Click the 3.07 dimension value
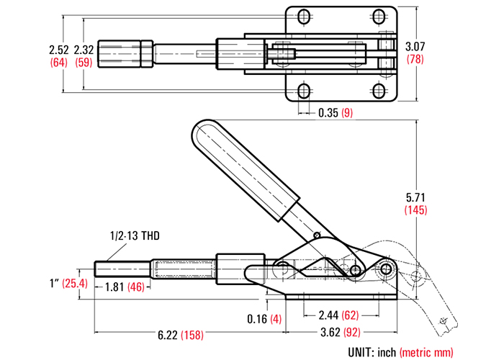[415, 47]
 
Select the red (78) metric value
[415, 59]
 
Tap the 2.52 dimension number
[59, 50]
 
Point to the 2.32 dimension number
[84, 50]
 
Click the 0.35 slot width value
[328, 113]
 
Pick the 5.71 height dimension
[415, 197]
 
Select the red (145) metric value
[415, 210]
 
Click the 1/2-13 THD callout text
[135, 236]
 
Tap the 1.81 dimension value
[114, 287]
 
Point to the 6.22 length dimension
[168, 336]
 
